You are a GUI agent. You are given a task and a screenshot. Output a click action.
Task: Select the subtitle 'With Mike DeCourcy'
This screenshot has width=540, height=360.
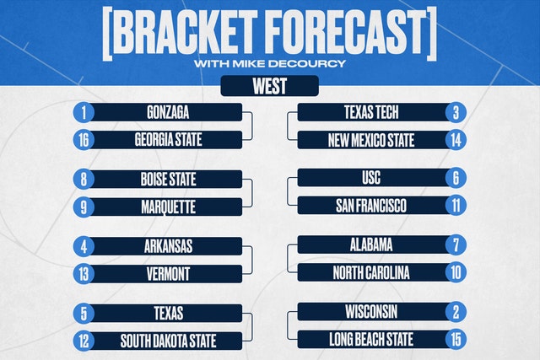(x=270, y=64)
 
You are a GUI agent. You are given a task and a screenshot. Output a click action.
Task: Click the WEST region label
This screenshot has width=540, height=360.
(x=270, y=86)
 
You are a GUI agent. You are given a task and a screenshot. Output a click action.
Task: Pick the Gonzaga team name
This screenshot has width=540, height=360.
(x=168, y=112)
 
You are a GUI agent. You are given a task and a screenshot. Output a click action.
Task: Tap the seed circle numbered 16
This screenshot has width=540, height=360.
(x=84, y=140)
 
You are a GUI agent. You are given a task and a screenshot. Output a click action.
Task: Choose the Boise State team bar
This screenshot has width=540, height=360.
(x=158, y=180)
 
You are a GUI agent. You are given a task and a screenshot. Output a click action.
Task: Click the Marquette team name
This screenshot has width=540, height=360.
(x=168, y=207)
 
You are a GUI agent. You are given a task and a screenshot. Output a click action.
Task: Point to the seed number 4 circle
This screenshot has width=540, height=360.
(x=84, y=246)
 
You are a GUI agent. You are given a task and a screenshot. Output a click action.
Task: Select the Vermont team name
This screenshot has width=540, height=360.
(x=168, y=274)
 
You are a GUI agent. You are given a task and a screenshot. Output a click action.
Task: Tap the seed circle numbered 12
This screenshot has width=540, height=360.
(x=84, y=341)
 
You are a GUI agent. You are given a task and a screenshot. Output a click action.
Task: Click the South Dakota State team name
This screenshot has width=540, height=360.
(x=168, y=341)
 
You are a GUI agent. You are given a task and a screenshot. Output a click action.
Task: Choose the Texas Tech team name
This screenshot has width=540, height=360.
(x=371, y=112)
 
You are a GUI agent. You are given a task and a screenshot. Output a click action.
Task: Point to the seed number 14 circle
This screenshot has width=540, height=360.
(x=456, y=140)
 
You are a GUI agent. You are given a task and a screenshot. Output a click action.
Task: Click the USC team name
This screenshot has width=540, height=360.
(x=371, y=178)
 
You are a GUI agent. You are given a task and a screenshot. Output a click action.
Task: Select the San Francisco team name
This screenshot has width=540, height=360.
(x=371, y=206)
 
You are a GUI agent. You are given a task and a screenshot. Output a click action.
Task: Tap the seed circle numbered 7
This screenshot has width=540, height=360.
(x=456, y=245)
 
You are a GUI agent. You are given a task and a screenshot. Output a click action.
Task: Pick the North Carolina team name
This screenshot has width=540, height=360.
(x=371, y=273)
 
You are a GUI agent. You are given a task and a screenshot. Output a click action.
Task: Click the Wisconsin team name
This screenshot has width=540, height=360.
(x=371, y=312)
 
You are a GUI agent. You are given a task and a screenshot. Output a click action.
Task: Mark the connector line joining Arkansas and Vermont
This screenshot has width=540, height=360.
(x=252, y=261)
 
